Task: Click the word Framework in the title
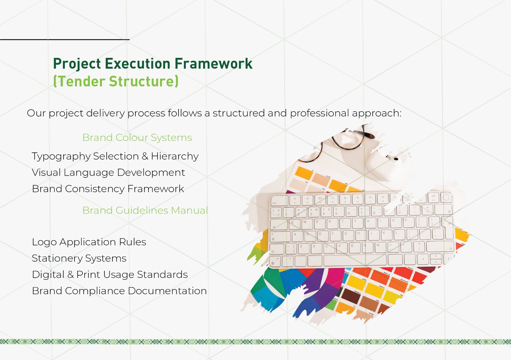(x=213, y=64)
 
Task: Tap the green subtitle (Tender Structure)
(x=116, y=81)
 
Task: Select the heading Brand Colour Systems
(x=137, y=137)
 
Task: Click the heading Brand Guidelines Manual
(x=145, y=210)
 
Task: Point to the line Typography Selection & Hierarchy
(x=115, y=156)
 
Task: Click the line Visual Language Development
(x=108, y=172)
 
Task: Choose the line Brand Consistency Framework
(x=108, y=189)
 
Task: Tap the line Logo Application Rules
(x=89, y=242)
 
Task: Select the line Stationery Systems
(x=79, y=258)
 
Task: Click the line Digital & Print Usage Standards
(x=110, y=274)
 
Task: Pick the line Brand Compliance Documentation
(x=119, y=291)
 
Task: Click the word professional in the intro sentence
(x=319, y=113)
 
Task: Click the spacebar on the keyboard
(x=355, y=260)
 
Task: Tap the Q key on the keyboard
(x=293, y=223)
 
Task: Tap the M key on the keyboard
(x=379, y=247)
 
